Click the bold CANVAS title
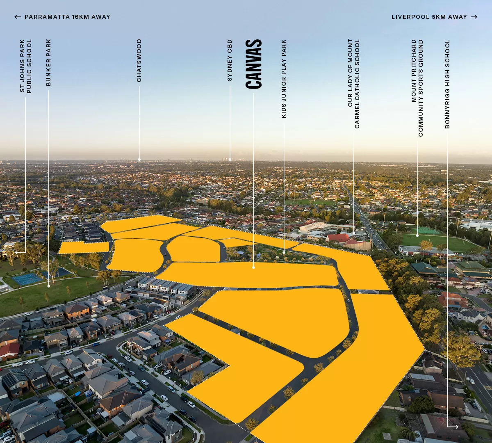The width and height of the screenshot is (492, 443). coord(254,64)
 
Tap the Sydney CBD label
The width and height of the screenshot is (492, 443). coord(230,60)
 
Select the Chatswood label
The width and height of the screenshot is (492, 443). coord(139,60)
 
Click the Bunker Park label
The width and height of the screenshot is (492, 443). coord(48,62)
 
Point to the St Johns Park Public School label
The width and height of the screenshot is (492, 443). coord(25,66)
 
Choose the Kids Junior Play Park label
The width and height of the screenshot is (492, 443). coord(284,79)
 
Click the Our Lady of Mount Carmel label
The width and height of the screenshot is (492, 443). coord(353,84)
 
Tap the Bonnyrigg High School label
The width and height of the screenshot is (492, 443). coord(447,84)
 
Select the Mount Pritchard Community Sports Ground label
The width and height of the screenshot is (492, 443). coord(417,88)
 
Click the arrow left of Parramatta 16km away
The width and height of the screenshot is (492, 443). coord(18,17)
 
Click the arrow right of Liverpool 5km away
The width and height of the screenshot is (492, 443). coord(474,17)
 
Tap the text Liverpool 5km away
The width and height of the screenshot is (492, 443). coord(429,17)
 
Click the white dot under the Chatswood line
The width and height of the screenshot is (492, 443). coord(139,159)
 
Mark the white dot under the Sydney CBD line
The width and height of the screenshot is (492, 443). coord(230,159)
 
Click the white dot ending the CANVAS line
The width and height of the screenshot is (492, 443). coord(253,267)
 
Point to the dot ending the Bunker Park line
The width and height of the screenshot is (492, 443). coord(48,285)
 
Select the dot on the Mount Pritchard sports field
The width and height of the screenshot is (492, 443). coord(417,235)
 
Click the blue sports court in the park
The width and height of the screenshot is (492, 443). coord(27,279)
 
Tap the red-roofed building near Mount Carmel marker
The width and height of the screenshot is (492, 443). coord(338,238)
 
